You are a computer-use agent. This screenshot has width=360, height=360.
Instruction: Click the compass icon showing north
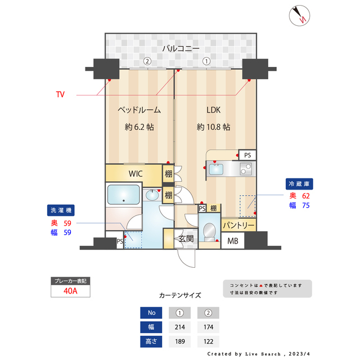[299, 16]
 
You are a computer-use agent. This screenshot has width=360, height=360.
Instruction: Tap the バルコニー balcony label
[181, 48]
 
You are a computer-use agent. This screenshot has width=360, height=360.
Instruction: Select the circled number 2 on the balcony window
[147, 61]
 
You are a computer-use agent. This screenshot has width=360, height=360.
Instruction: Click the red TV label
[60, 94]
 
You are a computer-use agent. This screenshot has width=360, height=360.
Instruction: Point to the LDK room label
[213, 110]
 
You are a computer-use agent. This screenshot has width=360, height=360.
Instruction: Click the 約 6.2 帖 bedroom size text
[139, 127]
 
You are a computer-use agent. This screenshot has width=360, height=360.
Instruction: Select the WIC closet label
[136, 174]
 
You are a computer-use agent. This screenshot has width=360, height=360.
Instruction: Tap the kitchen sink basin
[216, 169]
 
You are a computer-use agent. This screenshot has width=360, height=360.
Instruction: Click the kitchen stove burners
[246, 169]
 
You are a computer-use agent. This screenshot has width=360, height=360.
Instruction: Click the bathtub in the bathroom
[124, 195]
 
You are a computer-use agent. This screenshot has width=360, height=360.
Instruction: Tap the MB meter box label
[232, 241]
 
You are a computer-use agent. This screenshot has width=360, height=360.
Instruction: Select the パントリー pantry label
[238, 225]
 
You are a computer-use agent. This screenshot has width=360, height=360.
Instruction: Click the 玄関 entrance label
[186, 238]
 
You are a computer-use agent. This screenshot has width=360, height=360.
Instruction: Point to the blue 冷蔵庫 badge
[299, 184]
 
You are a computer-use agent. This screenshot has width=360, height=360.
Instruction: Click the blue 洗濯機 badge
[61, 210]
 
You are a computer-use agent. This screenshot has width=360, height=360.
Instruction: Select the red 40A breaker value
[70, 291]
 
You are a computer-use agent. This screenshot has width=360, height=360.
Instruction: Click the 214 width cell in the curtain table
[180, 327]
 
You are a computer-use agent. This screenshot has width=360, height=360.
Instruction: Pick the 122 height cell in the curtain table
[208, 341]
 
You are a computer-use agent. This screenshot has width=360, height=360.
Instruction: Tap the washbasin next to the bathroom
[152, 195]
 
